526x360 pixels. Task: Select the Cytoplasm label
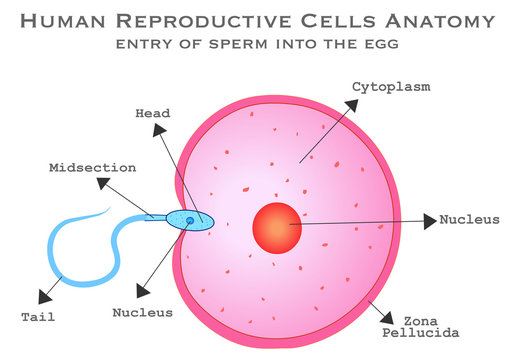pyautogui.click(x=391, y=87)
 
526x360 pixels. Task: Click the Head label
pyautogui.click(x=153, y=113)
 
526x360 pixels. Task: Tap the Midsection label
pyautogui.click(x=93, y=167)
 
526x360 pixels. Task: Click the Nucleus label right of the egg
pyautogui.click(x=470, y=219)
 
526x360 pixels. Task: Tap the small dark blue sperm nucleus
pyautogui.click(x=190, y=220)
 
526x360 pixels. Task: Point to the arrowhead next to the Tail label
pyautogui.click(x=44, y=295)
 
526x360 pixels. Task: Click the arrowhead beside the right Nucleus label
pyautogui.click(x=430, y=220)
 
